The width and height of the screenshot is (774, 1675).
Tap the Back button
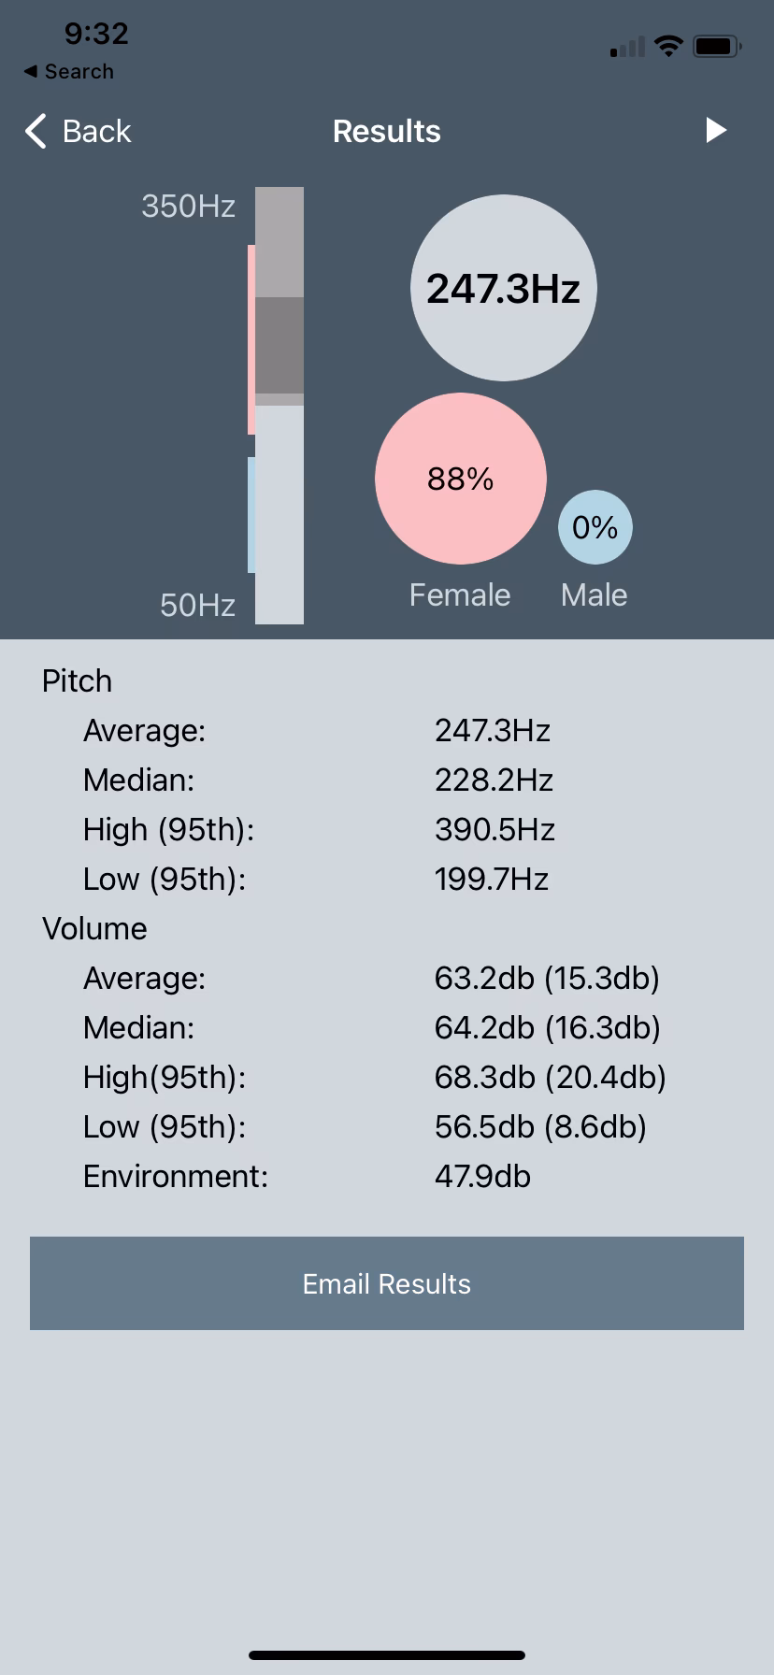[x=79, y=132]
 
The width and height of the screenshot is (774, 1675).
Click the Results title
[x=386, y=132]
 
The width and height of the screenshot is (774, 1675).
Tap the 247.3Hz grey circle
[x=503, y=288]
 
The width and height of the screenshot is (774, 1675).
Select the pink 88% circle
[x=460, y=479]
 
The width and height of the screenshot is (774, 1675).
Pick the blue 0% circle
[x=595, y=527]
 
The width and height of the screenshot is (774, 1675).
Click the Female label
[x=460, y=595]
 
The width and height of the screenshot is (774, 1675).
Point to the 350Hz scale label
[x=188, y=206]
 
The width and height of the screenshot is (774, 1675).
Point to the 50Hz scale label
[x=197, y=606]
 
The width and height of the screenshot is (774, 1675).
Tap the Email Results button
[x=387, y=1283]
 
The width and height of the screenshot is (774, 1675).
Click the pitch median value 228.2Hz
[x=494, y=780]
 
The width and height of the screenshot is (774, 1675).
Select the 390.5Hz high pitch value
[x=494, y=829]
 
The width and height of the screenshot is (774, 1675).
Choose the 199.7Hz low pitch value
[x=491, y=879]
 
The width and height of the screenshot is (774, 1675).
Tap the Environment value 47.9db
[x=482, y=1176]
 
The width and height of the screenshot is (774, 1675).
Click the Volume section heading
[x=94, y=928]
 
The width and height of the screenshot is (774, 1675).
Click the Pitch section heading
[x=77, y=680]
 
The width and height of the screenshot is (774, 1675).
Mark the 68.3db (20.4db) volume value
[x=550, y=1077]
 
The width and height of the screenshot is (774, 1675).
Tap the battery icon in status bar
[x=717, y=45]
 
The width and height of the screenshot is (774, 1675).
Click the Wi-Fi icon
[x=668, y=45]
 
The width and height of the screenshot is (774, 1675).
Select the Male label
[x=594, y=595]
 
